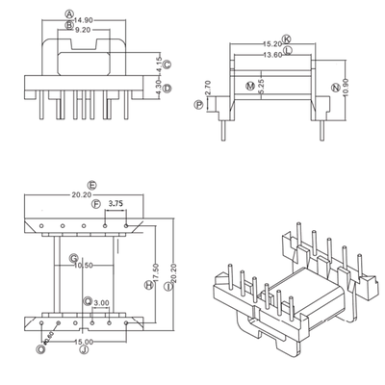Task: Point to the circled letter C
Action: point(167,64)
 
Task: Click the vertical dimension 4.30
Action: point(159,89)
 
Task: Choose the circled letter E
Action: point(90,183)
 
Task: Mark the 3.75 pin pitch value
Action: point(115,203)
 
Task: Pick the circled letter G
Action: point(73,257)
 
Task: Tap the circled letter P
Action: point(199,107)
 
